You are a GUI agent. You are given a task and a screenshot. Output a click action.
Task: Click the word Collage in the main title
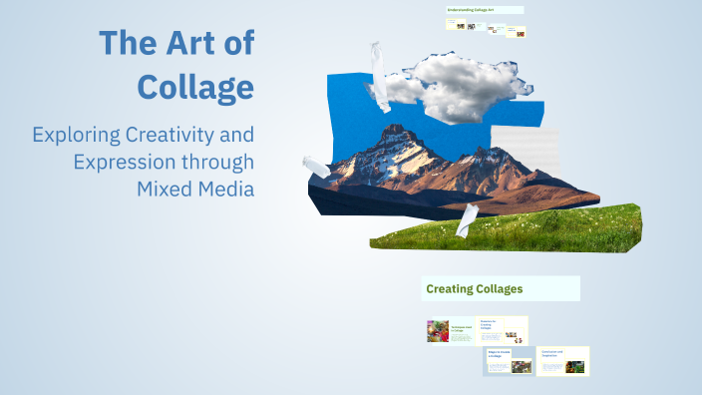[x=194, y=87]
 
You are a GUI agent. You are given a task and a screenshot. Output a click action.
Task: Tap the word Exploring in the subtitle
[x=75, y=134]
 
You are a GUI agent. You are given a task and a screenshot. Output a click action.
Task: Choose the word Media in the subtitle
[x=226, y=189]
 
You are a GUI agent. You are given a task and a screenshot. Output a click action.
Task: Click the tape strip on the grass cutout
[x=467, y=220]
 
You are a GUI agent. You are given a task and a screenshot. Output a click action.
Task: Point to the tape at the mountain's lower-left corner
[x=316, y=166]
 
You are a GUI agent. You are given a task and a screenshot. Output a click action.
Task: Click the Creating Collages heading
[x=475, y=289]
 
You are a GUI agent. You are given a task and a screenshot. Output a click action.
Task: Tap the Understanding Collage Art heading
[x=484, y=10]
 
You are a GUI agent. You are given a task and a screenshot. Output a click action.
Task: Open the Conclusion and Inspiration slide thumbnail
[x=562, y=361]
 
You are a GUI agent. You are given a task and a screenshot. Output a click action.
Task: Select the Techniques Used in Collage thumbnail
[x=450, y=331]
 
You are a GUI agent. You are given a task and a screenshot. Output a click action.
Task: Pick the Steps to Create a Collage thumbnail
[x=508, y=360]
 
